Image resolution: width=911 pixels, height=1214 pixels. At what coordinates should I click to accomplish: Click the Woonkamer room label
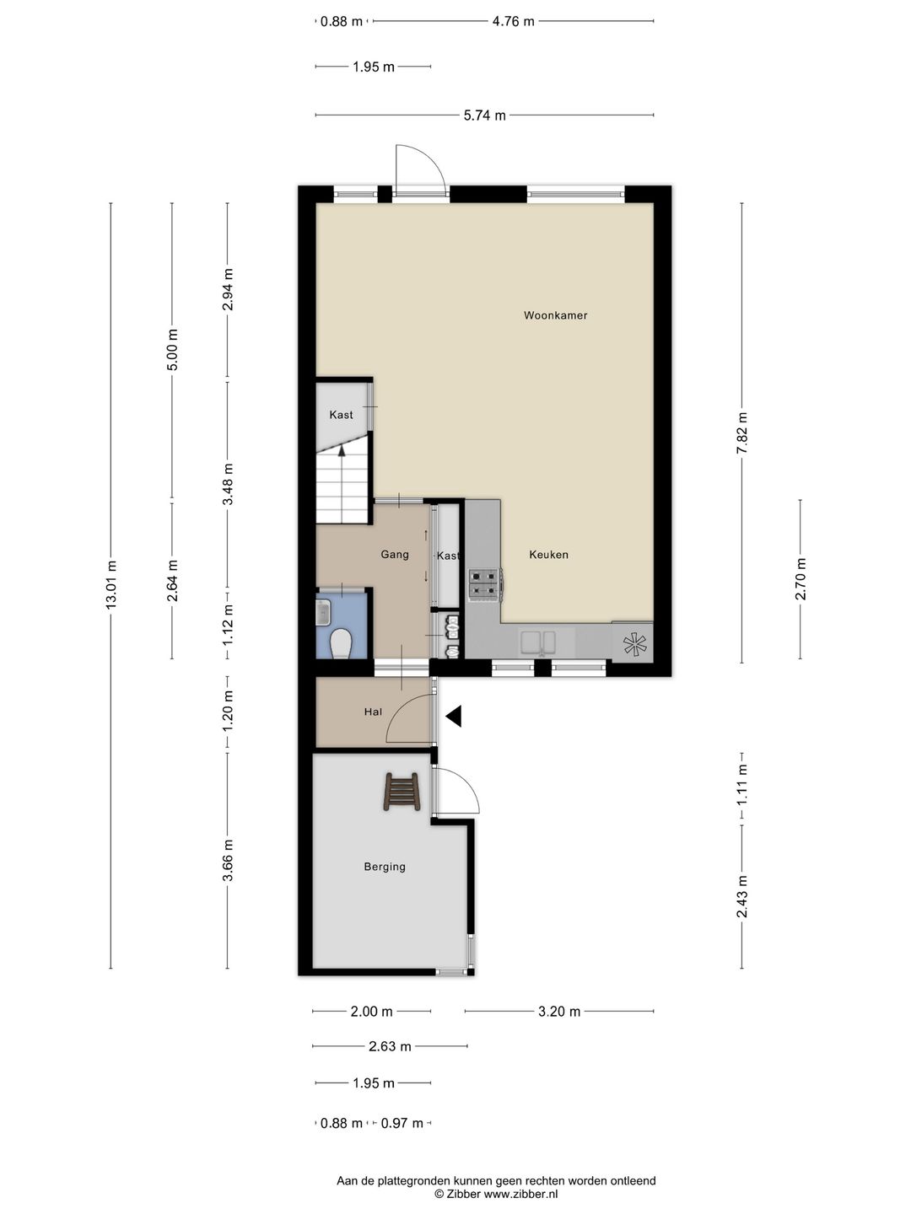pos(555,315)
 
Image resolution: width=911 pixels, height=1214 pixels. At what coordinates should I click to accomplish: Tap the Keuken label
pos(548,555)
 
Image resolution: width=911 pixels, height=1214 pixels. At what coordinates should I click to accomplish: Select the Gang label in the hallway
pos(395,554)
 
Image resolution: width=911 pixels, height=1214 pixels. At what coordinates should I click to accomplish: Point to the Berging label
pos(385,867)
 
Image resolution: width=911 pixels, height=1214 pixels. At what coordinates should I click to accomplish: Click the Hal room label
pos(373,712)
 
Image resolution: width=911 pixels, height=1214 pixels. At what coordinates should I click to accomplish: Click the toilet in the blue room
pos(340,643)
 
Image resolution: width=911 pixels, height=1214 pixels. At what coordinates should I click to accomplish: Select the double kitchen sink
pos(537,643)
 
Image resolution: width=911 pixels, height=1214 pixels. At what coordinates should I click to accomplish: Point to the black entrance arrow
pos(454,717)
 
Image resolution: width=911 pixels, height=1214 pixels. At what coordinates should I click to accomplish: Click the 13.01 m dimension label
pos(111,585)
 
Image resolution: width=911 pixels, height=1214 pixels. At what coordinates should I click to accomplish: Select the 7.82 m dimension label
pos(741,433)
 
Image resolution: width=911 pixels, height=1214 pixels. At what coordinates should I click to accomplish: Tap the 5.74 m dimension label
pos(484,115)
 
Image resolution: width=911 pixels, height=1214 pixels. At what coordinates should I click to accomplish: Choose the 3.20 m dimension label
pos(559,1012)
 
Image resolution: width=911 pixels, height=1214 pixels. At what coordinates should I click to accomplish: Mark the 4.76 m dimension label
pos(514,22)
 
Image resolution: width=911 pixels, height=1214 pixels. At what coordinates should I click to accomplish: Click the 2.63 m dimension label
pos(390,1046)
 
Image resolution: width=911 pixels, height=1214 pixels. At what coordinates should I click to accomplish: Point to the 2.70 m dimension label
pos(800,579)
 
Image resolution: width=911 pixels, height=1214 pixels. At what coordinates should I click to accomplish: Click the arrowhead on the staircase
pos(342,450)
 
